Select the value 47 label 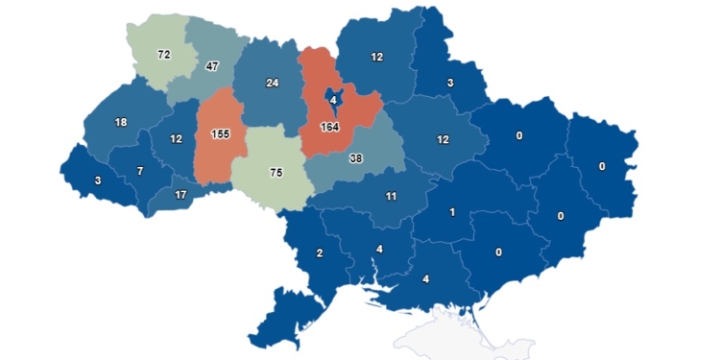(x=213, y=67)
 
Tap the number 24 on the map (x=272, y=83)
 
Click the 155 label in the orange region (x=219, y=134)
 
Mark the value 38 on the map (x=356, y=158)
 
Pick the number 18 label (x=121, y=122)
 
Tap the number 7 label (x=140, y=171)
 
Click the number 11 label (x=392, y=196)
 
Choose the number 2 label (x=319, y=253)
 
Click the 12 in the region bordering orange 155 (x=177, y=138)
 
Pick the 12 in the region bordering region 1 (x=443, y=140)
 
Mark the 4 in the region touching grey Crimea (x=424, y=280)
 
